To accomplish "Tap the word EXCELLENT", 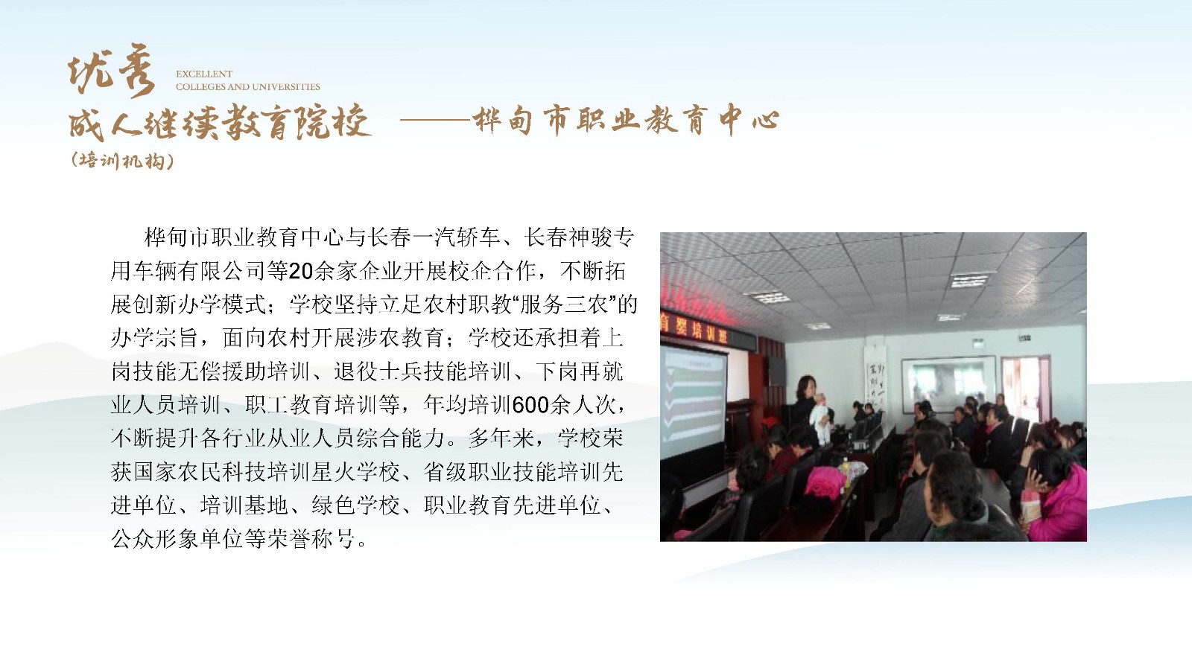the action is click(204, 74).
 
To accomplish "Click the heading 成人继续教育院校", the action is click(219, 122).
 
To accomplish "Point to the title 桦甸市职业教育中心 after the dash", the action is click(626, 120).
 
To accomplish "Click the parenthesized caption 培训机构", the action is click(122, 161).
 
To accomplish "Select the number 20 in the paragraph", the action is click(301, 271).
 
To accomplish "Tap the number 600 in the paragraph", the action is click(530, 405).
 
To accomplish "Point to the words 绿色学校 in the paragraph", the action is click(356, 505).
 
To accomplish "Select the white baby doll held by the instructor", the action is click(820, 418).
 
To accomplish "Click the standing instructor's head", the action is click(806, 386).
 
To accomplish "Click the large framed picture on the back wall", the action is click(948, 384).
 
